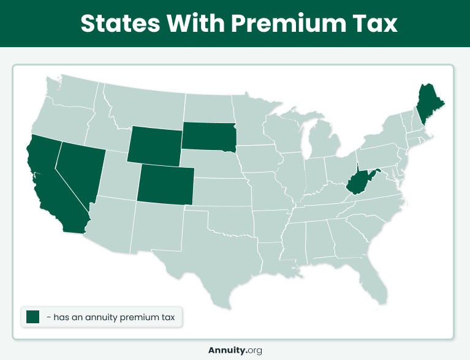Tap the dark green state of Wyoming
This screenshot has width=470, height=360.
tap(155, 143)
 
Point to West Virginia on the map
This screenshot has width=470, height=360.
tap(358, 183)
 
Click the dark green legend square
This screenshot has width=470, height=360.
tap(33, 317)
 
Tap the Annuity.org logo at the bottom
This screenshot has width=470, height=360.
tap(235, 350)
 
